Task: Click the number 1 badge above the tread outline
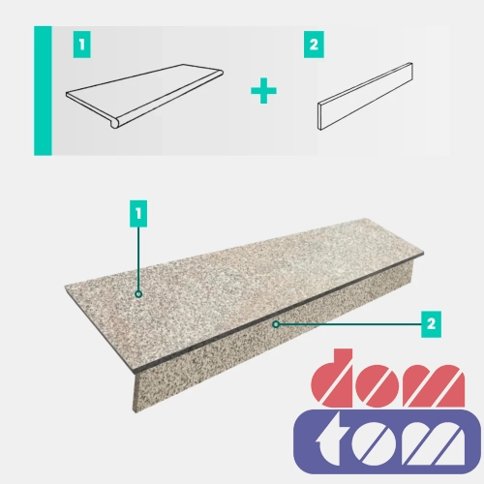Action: pyautogui.click(x=82, y=45)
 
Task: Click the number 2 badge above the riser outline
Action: pyautogui.click(x=314, y=45)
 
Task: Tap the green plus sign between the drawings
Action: pyautogui.click(x=263, y=91)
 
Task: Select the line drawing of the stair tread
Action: pyautogui.click(x=144, y=96)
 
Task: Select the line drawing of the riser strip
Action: pyautogui.click(x=365, y=96)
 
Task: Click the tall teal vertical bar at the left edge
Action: pyautogui.click(x=43, y=91)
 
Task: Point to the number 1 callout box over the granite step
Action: pyautogui.click(x=138, y=214)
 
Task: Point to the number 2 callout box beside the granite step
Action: pyautogui.click(x=431, y=324)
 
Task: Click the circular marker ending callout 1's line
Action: pyautogui.click(x=138, y=294)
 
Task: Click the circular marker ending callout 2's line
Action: pyautogui.click(x=276, y=324)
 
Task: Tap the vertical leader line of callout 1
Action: pyautogui.click(x=138, y=258)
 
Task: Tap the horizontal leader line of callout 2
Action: pyautogui.click(x=350, y=324)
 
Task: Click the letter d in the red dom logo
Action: pyautogui.click(x=332, y=378)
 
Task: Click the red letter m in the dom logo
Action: pyautogui.click(x=433, y=385)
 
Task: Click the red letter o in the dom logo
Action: pyautogui.click(x=377, y=385)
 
